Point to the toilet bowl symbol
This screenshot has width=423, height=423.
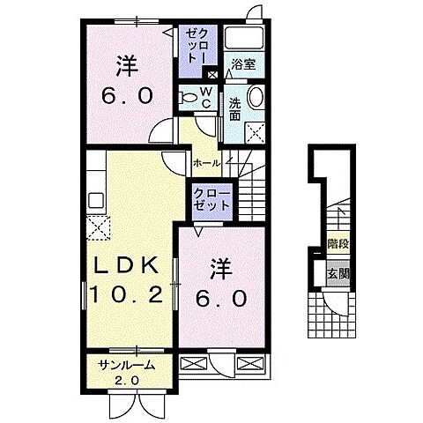pyautogui.click(x=189, y=96)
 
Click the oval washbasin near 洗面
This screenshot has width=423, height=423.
pyautogui.click(x=256, y=98)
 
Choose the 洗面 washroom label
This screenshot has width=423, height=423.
pyautogui.click(x=235, y=107)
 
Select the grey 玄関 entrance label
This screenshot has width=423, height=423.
pyautogui.click(x=337, y=273)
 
